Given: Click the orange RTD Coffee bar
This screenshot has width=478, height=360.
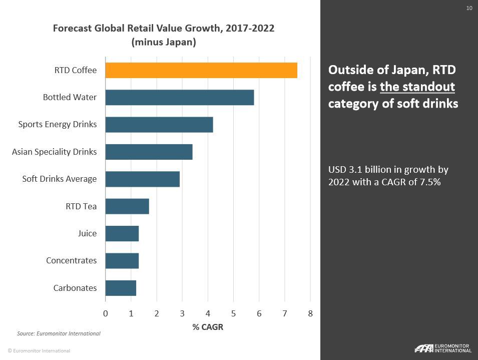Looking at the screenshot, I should [x=201, y=70].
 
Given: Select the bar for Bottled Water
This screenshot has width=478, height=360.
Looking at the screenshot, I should [x=180, y=97].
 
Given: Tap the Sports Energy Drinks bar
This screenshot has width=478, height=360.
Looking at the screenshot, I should [x=159, y=124].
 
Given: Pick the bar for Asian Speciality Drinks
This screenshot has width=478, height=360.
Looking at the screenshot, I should [x=149, y=152].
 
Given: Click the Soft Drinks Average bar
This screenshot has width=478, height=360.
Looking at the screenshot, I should [x=142, y=179].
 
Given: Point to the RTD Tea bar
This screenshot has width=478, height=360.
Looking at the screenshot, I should [x=127, y=206].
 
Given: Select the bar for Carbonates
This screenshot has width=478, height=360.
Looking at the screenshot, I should [x=121, y=288].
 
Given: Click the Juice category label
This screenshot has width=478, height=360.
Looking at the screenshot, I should [x=87, y=233].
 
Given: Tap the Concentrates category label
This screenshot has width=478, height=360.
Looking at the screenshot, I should [x=71, y=260].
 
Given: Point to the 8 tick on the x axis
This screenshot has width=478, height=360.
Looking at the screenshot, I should [x=310, y=313].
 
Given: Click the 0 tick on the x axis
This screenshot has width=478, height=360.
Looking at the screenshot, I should [x=106, y=313].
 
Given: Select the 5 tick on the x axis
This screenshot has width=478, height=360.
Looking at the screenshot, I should [x=233, y=313].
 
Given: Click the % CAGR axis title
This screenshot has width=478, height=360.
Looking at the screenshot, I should [x=208, y=327].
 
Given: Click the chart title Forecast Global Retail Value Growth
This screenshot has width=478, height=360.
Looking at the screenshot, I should [x=164, y=28].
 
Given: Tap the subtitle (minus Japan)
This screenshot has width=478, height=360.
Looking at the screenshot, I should [x=164, y=42].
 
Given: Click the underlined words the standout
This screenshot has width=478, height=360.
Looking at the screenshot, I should [x=417, y=87].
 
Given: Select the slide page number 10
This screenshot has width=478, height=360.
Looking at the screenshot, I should [x=469, y=8].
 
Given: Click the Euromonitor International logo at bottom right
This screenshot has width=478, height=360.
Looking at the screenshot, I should [x=442, y=348].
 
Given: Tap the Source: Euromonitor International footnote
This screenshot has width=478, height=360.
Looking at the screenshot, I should [x=59, y=333].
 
